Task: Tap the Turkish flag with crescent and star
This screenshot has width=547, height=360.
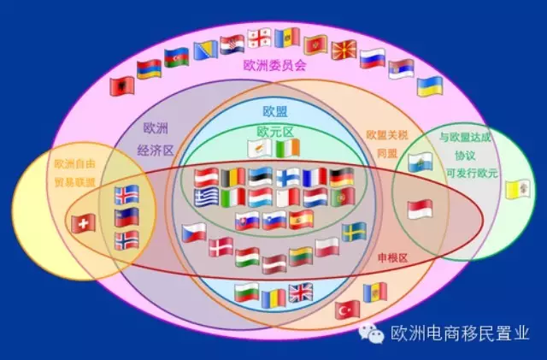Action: click(x=347, y=309)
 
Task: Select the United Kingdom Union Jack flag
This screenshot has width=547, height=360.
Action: click(x=301, y=293)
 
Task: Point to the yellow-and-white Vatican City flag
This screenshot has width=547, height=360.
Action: click(x=518, y=189)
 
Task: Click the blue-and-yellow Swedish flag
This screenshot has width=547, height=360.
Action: click(x=354, y=232)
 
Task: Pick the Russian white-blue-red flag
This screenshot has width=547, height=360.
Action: click(x=373, y=58)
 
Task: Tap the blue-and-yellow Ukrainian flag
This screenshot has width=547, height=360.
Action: click(x=430, y=86)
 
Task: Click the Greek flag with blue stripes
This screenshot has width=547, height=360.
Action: click(x=206, y=199)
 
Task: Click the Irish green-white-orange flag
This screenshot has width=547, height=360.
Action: click(x=288, y=149)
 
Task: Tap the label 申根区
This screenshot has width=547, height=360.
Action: click(x=392, y=257)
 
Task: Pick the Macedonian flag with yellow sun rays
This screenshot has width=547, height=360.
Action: click(x=344, y=50)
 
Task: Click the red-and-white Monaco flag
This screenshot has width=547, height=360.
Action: click(x=420, y=209)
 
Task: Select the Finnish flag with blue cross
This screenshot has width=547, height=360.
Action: click(x=288, y=177)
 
